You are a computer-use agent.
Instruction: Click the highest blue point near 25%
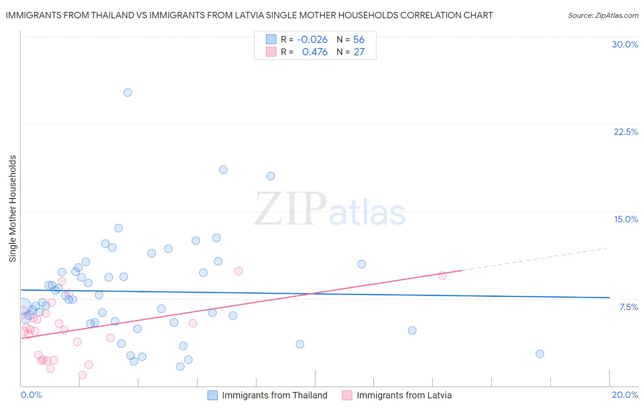pos(128,92)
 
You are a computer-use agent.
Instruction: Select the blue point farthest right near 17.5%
pos(540,354)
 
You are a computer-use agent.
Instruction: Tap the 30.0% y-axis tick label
pos(625,44)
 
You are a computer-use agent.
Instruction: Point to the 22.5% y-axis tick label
pos(626,132)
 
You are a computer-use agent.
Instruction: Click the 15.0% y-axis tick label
pos(626,219)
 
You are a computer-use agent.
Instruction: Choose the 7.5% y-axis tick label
pos(628,307)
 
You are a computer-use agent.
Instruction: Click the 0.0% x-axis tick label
pos(31,395)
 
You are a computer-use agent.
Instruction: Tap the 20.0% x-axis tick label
pos(625,395)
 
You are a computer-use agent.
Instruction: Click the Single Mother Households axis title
pos(13,209)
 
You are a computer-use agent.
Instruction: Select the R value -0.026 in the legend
pos(312,40)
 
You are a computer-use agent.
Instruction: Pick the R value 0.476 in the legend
pos(315,52)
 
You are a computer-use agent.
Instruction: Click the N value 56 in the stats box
pos(359,40)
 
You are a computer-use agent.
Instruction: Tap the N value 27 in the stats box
pos(359,52)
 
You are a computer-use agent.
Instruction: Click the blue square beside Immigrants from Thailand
pos(213,395)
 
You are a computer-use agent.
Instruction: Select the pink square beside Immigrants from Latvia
pos(347,395)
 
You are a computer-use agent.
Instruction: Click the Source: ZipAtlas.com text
pos(603,16)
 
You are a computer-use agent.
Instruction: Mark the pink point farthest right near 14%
pos(442,275)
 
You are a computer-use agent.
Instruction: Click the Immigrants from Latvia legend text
pos(404,395)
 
